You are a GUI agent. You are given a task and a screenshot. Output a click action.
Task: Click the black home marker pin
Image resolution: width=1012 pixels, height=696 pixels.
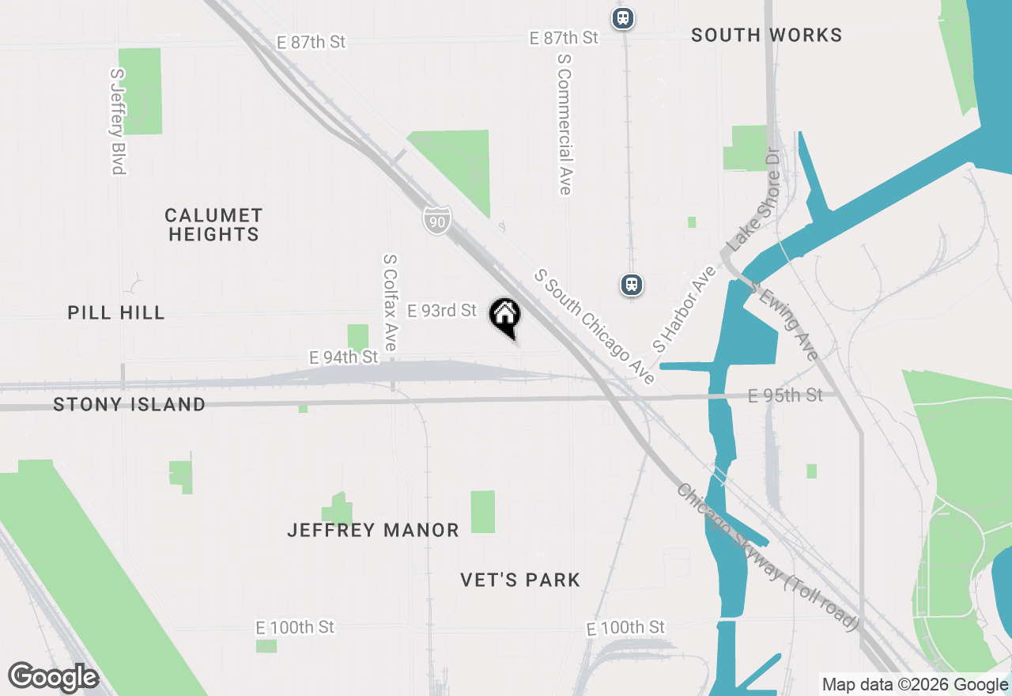pos(505,316)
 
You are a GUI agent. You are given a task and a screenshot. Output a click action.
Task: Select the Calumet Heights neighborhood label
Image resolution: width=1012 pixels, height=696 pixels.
pos(213,225)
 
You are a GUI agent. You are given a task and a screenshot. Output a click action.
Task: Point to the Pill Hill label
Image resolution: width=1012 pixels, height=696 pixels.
pos(116,312)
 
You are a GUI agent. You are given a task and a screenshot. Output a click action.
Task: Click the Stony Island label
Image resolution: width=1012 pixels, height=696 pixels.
pos(129,404)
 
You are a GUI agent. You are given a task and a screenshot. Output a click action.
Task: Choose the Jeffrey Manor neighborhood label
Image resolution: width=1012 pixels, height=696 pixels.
pos(373,530)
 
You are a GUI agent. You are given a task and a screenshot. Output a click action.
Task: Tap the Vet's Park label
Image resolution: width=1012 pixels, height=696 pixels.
pos(520,580)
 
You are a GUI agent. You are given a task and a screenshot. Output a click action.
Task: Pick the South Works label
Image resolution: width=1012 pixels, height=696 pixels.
pos(766,35)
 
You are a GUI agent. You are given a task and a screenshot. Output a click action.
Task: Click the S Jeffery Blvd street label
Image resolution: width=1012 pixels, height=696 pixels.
pos(118,120)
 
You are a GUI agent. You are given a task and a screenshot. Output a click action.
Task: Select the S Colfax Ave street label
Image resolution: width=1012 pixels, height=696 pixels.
pos(390,302)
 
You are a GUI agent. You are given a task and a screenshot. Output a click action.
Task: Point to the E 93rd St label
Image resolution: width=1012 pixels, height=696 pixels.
pos(442,311)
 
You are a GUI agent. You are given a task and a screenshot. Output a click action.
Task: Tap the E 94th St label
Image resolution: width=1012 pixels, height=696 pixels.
pos(344,357)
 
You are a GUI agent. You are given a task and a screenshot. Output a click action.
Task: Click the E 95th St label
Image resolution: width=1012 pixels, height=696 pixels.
pos(785,395)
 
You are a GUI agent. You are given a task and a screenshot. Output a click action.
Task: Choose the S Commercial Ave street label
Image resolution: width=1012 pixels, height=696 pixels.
pos(565,123)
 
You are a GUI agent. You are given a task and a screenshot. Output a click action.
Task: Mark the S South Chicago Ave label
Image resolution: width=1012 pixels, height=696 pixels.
pos(595,326)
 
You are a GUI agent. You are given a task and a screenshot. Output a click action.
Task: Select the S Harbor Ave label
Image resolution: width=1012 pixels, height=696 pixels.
pos(684,309)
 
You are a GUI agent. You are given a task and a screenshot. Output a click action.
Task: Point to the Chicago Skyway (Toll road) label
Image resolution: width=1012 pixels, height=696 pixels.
pos(767,557)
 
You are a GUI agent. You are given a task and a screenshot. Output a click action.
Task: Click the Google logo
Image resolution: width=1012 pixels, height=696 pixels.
pos(53,677)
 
